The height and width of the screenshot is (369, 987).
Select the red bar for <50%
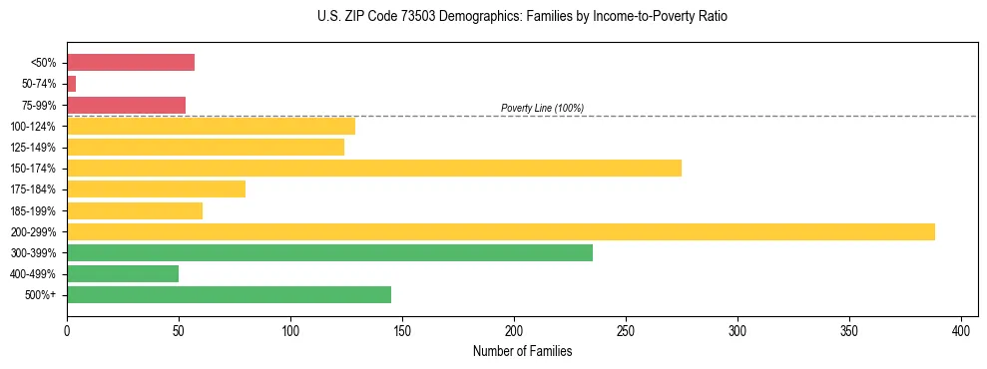(x=131, y=62)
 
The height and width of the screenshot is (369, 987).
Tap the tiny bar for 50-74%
(x=71, y=84)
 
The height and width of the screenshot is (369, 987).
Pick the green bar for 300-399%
(x=329, y=252)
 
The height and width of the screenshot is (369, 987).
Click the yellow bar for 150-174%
(x=374, y=168)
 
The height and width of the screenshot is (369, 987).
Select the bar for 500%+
(x=229, y=294)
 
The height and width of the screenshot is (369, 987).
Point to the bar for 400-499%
(x=123, y=273)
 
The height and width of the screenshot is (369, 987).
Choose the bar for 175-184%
(x=156, y=188)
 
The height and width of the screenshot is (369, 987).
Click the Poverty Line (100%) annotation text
(x=542, y=108)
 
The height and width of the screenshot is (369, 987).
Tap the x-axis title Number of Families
(x=522, y=351)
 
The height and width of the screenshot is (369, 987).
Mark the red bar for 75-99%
(x=126, y=105)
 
